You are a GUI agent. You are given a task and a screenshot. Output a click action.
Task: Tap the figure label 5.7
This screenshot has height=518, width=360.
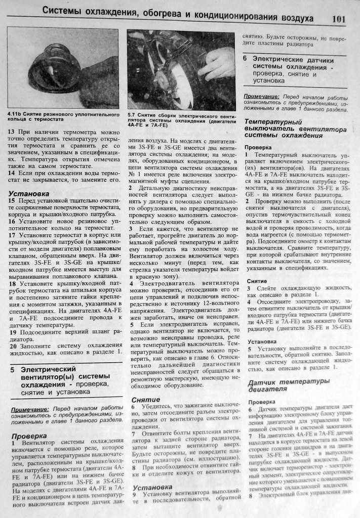point(132,115)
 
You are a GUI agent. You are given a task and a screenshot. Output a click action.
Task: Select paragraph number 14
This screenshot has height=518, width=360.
point(12,173)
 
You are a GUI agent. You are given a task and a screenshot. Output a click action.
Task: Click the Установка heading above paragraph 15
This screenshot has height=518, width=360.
point(29,193)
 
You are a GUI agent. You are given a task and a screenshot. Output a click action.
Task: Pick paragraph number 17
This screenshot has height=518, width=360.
point(12,235)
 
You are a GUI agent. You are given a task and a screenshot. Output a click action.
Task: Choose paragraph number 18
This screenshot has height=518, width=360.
point(12,284)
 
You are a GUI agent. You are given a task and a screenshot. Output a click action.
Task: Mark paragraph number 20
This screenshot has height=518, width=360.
point(13,346)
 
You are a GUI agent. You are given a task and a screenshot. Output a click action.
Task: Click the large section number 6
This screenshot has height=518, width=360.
point(245,59)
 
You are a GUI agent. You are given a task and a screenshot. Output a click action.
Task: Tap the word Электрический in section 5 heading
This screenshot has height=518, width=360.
point(48,369)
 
